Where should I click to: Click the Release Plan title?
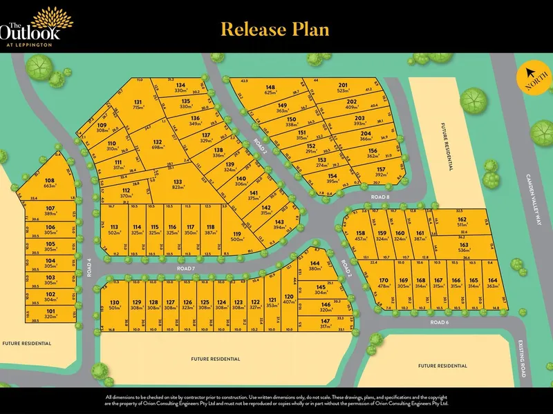[x=274, y=29]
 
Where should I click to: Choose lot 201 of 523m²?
[x=343, y=88]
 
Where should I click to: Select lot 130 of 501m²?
[x=115, y=305]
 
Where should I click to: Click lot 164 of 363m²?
[x=492, y=284]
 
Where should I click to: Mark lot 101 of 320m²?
[x=50, y=314]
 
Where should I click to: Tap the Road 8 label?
[x=380, y=197]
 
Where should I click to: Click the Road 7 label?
[x=185, y=268]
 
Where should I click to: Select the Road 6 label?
[x=440, y=322]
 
